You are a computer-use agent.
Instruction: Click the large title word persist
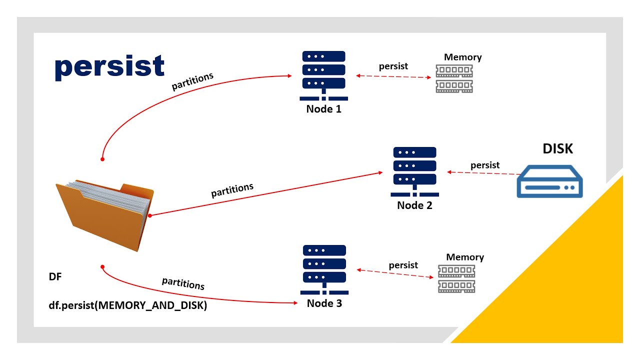(x=109, y=67)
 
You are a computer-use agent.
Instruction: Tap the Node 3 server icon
(x=324, y=269)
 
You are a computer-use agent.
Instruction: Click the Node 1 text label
(x=323, y=108)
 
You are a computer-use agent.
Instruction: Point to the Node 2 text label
(x=414, y=205)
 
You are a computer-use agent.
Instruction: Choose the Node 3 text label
(x=324, y=303)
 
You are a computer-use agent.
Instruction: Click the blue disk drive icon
(x=550, y=182)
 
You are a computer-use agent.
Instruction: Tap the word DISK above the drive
(x=558, y=148)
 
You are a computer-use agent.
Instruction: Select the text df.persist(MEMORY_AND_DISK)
(x=127, y=305)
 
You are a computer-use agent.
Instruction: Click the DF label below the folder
(x=55, y=276)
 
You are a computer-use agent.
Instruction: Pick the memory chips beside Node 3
(x=456, y=278)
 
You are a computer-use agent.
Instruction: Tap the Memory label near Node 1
(x=462, y=57)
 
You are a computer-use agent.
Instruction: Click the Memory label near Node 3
(x=465, y=257)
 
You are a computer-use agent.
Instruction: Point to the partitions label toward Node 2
(x=232, y=190)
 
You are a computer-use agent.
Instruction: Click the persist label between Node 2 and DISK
(x=484, y=165)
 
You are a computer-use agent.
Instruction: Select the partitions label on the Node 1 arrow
(x=192, y=81)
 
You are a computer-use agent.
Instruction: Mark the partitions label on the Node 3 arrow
(x=183, y=283)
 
